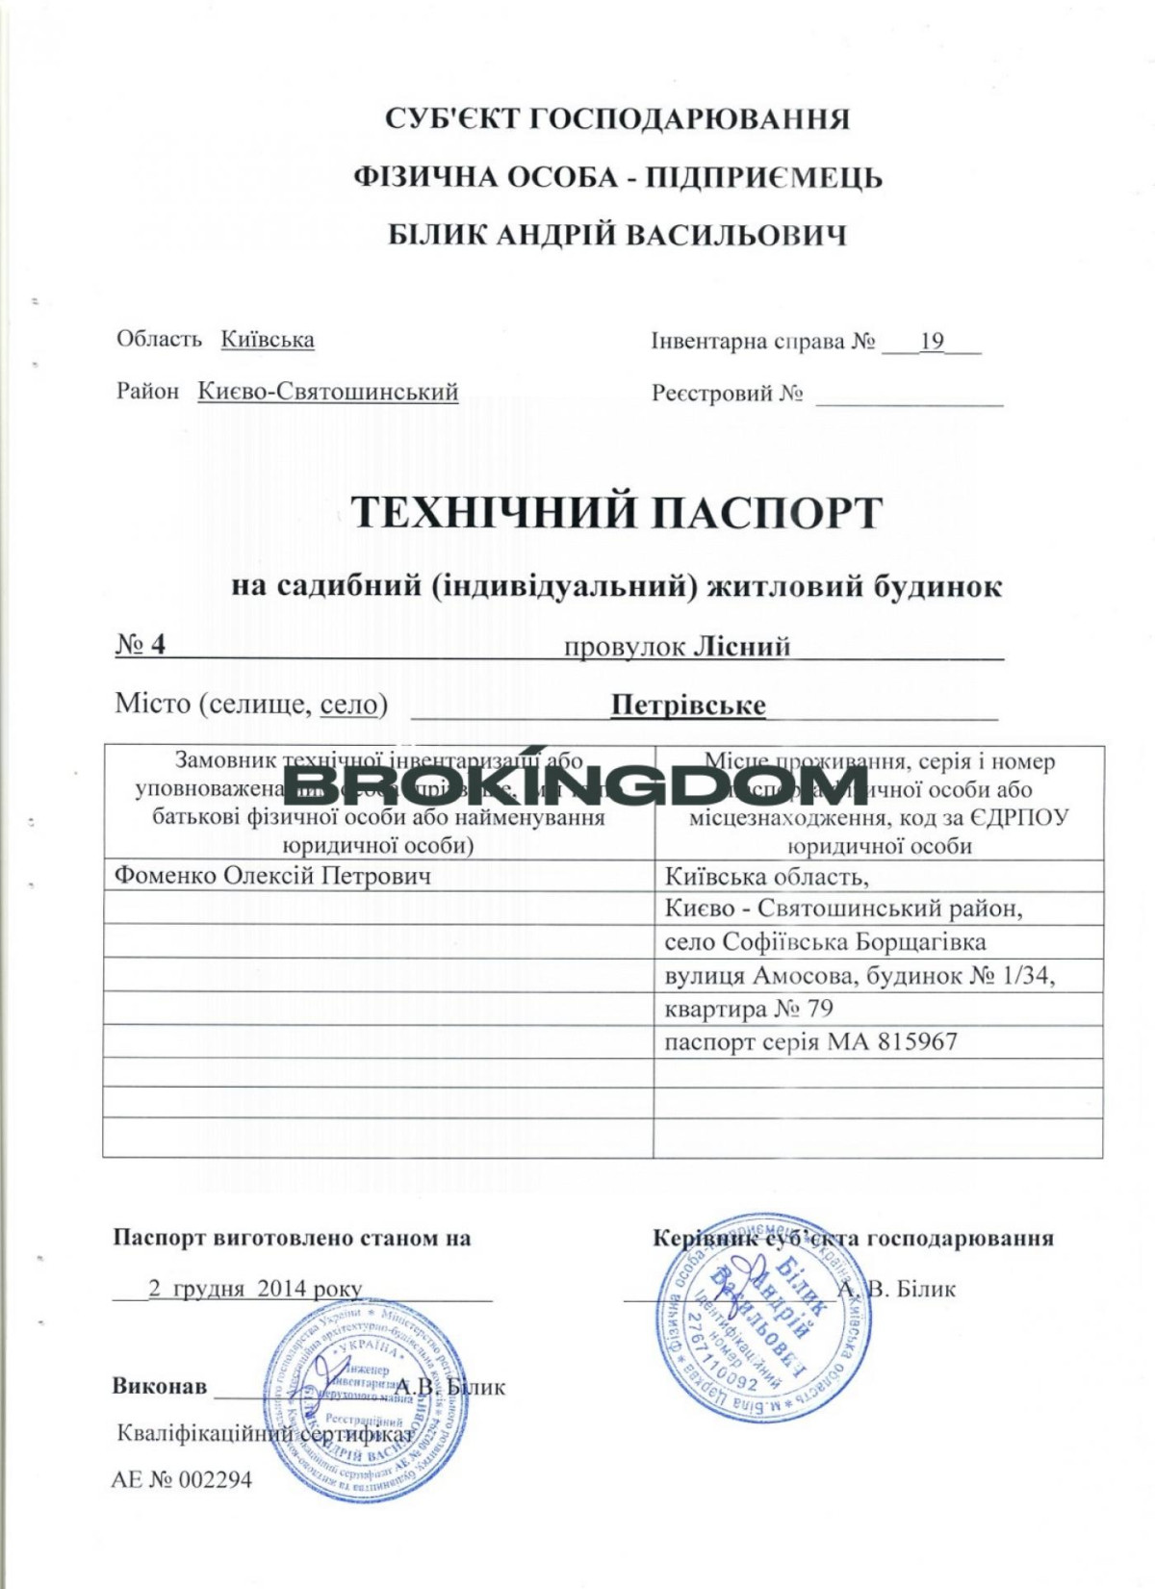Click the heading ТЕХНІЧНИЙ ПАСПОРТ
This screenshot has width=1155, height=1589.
pyautogui.click(x=616, y=512)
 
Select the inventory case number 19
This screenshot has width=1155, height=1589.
pyautogui.click(x=932, y=342)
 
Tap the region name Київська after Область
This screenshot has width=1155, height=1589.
pyautogui.click(x=268, y=340)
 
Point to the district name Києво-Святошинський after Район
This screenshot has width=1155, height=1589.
pyautogui.click(x=328, y=392)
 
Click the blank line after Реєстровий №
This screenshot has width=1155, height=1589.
pyautogui.click(x=909, y=397)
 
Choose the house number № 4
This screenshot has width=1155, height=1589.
pyautogui.click(x=141, y=644)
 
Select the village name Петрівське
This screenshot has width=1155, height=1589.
pyautogui.click(x=688, y=705)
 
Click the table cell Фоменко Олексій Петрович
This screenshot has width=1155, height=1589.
pyautogui.click(x=272, y=876)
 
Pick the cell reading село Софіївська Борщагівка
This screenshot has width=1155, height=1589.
pyautogui.click(x=825, y=941)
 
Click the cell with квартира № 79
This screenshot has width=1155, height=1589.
pyautogui.click(x=748, y=1009)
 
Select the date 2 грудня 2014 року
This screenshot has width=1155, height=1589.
pyautogui.click(x=255, y=1289)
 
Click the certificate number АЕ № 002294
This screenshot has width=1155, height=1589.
pyautogui.click(x=182, y=1479)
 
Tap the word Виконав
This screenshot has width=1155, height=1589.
pyautogui.click(x=160, y=1386)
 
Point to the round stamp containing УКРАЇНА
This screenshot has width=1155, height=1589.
pyautogui.click(x=367, y=1400)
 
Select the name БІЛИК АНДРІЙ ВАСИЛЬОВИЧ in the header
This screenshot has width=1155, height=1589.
pyautogui.click(x=617, y=235)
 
